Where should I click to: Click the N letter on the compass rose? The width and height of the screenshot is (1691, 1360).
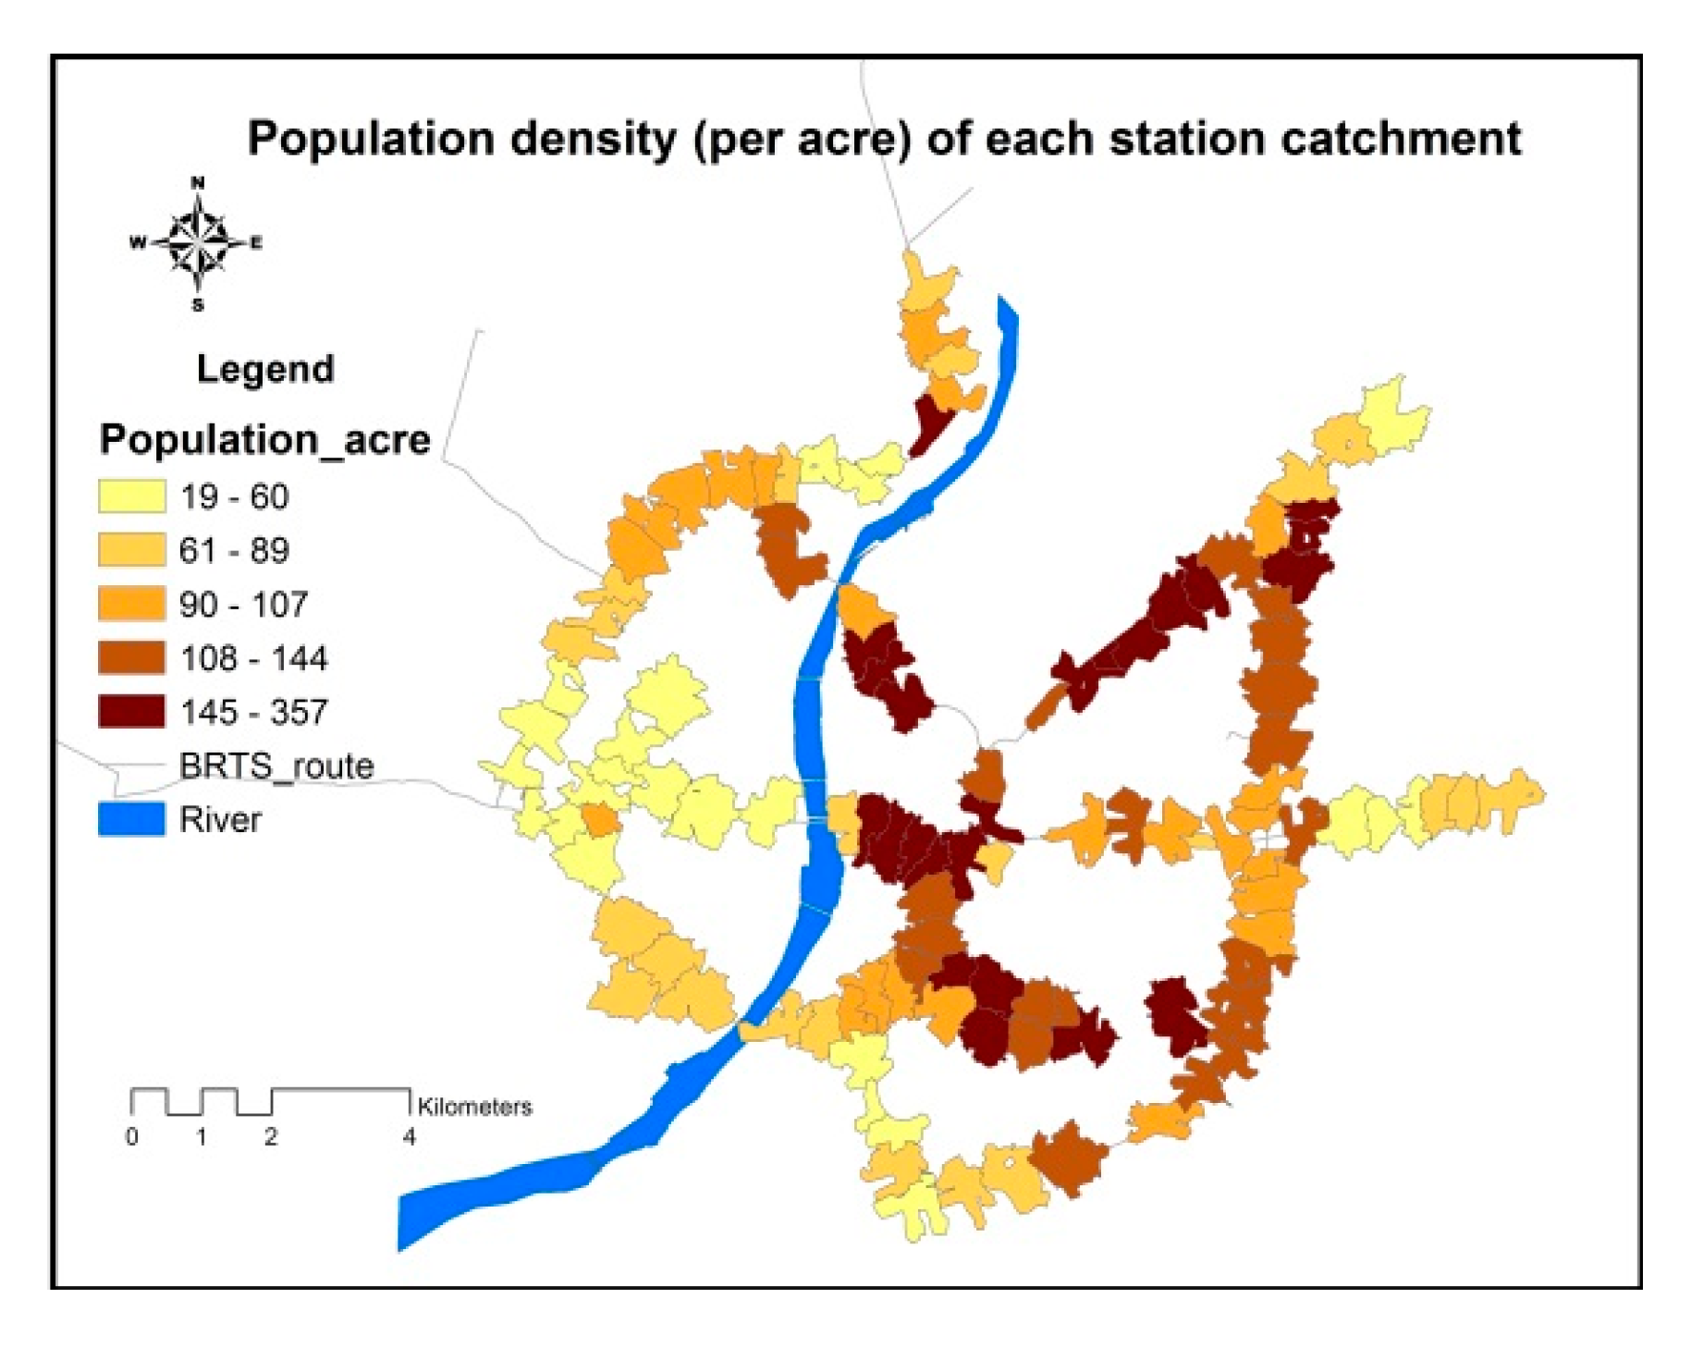197,183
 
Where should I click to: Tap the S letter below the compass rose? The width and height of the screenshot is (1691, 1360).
198,305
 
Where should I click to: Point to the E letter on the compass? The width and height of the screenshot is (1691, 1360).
256,243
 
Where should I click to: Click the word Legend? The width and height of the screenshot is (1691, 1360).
265,369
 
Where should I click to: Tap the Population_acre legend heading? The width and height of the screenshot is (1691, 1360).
264,439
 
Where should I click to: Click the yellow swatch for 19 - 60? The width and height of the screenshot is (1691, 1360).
131,496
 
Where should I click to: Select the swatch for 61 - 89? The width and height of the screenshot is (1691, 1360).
131,550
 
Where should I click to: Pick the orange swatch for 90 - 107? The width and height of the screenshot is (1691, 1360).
131,604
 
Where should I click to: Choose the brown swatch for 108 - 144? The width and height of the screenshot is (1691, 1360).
131,657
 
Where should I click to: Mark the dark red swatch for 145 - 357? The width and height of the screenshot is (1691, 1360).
131,712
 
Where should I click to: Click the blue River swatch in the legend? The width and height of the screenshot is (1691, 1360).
131,819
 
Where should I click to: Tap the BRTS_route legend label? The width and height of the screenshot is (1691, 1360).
276,766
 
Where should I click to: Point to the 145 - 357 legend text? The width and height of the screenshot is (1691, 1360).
253,712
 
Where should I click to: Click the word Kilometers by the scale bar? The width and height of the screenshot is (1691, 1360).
474,1107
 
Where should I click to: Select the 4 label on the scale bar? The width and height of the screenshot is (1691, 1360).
409,1137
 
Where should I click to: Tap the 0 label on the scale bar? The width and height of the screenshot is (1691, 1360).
132,1137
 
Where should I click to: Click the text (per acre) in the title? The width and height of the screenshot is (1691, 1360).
803,140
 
